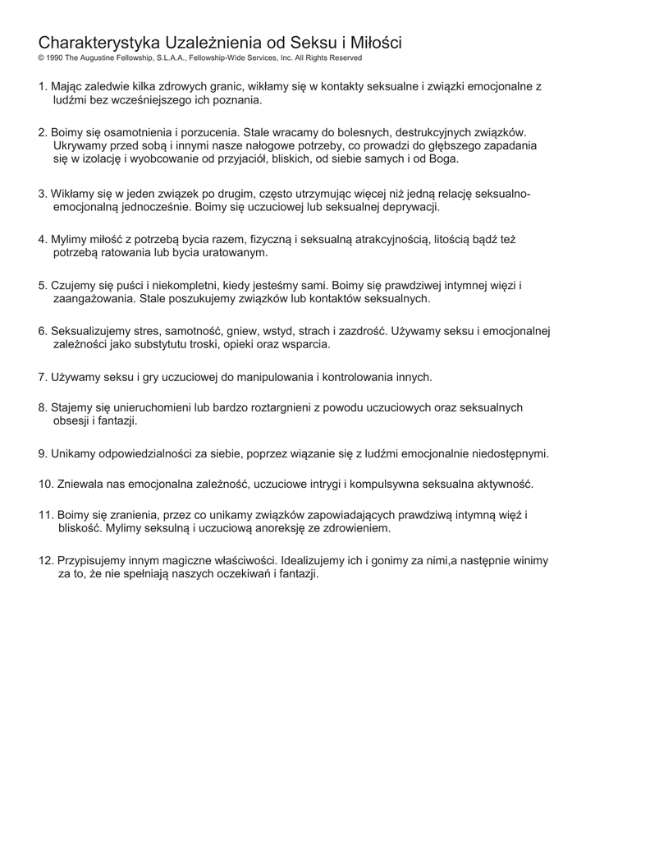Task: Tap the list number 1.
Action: click(x=42, y=86)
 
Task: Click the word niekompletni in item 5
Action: click(x=179, y=285)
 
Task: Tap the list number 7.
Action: click(x=42, y=377)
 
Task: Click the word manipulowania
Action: click(x=268, y=377)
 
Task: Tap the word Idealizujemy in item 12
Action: click(x=315, y=560)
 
